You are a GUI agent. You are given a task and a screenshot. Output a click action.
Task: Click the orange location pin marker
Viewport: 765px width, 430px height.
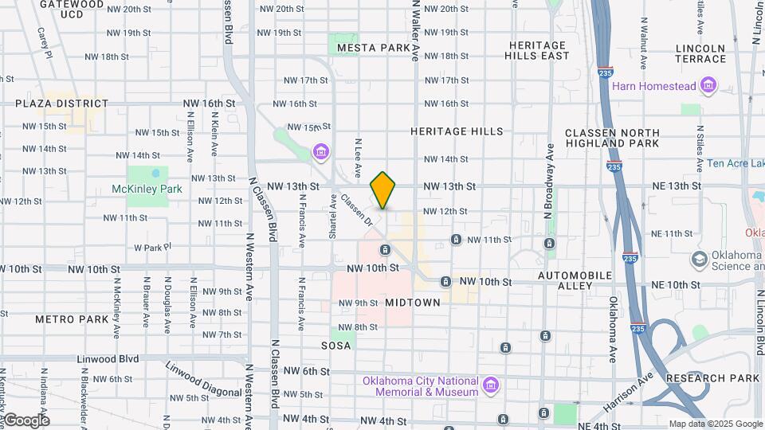click(x=383, y=190)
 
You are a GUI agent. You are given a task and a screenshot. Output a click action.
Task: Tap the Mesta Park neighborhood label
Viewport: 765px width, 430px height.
click(x=373, y=48)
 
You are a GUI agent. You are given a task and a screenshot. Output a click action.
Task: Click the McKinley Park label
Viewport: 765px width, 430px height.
click(x=147, y=189)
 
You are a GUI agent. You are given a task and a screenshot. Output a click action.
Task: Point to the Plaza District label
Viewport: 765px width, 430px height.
click(x=61, y=104)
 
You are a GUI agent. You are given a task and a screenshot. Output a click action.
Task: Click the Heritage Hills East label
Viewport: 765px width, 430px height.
click(x=539, y=51)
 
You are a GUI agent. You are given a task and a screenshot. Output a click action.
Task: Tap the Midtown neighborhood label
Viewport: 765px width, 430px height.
click(x=413, y=303)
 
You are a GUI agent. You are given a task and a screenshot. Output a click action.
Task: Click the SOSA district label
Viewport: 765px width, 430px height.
click(x=336, y=346)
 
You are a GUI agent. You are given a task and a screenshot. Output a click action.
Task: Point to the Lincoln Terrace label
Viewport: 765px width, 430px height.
click(x=700, y=53)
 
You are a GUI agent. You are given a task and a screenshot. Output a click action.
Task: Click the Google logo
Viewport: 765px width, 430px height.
click(x=25, y=420)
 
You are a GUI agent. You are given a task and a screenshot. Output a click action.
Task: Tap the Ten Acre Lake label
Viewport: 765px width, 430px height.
click(x=736, y=164)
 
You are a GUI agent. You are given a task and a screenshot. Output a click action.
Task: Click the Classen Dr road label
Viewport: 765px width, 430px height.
click(x=356, y=207)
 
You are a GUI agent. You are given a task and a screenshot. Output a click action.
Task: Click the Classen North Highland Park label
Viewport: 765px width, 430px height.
click(x=612, y=138)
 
